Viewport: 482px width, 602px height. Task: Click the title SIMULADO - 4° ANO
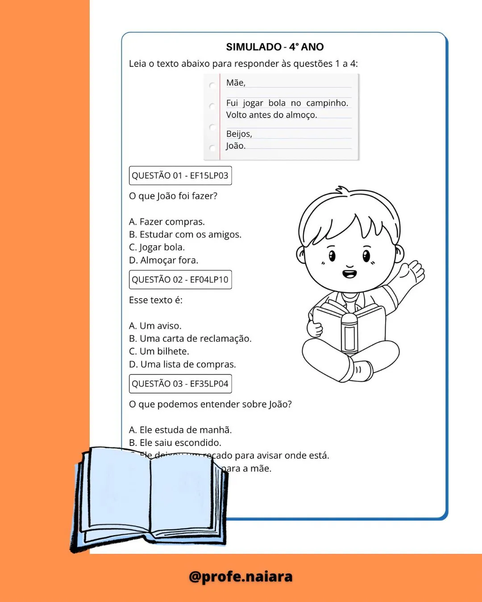pyautogui.click(x=274, y=47)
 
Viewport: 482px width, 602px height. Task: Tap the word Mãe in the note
pyautogui.click(x=236, y=82)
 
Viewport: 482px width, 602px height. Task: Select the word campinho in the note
pyautogui.click(x=327, y=103)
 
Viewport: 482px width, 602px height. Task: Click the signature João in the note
pyautogui.click(x=235, y=146)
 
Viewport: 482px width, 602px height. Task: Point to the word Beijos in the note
pyautogui.click(x=239, y=134)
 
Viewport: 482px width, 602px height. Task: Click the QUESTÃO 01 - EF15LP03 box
pyautogui.click(x=180, y=176)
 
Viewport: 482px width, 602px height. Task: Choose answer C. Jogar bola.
pyautogui.click(x=157, y=247)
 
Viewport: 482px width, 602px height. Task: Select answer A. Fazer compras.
pyautogui.click(x=167, y=222)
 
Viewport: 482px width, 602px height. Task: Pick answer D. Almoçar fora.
pyautogui.click(x=164, y=260)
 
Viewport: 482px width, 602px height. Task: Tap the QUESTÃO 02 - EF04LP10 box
pyautogui.click(x=180, y=280)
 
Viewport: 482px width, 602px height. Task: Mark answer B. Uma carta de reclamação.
pyautogui.click(x=191, y=338)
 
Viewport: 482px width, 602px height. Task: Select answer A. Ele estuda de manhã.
pyautogui.click(x=181, y=430)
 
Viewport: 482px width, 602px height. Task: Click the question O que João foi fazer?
pyautogui.click(x=173, y=196)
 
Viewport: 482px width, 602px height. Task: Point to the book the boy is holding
pyautogui.click(x=349, y=328)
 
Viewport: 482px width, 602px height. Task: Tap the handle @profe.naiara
pyautogui.click(x=241, y=577)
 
